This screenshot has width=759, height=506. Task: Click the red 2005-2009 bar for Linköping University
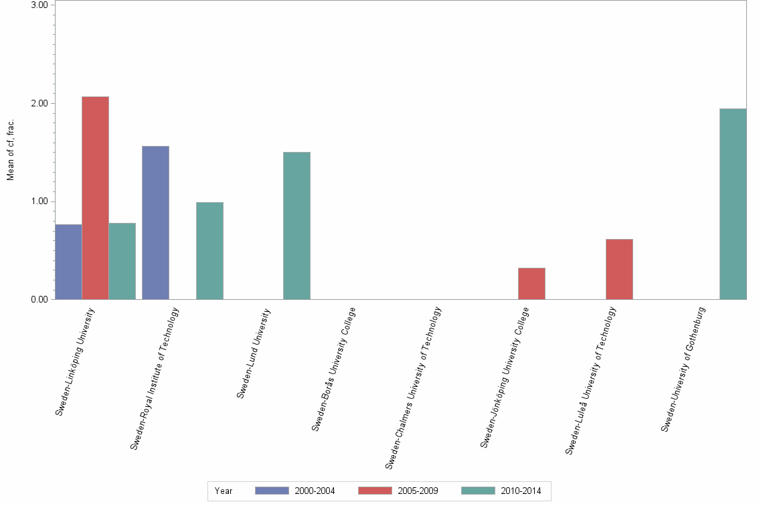pyautogui.click(x=95, y=198)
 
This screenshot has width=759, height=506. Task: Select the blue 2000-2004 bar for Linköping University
pyautogui.click(x=68, y=262)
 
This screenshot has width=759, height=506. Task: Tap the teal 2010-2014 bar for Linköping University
pyautogui.click(x=122, y=261)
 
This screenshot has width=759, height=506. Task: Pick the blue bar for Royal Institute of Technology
pyautogui.click(x=155, y=223)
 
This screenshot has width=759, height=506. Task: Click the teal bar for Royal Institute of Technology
pyautogui.click(x=209, y=251)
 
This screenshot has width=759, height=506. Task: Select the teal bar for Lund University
pyautogui.click(x=297, y=226)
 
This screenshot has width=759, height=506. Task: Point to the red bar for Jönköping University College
pyautogui.click(x=531, y=284)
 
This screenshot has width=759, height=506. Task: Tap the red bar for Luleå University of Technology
pyautogui.click(x=619, y=269)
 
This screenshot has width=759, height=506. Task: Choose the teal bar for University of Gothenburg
pyautogui.click(x=733, y=204)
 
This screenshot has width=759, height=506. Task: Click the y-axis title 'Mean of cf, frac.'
pyautogui.click(x=10, y=151)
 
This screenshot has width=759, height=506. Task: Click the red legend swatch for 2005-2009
pyautogui.click(x=375, y=491)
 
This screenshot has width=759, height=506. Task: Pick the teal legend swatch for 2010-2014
pyautogui.click(x=478, y=491)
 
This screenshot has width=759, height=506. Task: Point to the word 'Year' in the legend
pyautogui.click(x=224, y=491)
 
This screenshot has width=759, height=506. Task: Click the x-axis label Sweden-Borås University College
pyautogui.click(x=335, y=368)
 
